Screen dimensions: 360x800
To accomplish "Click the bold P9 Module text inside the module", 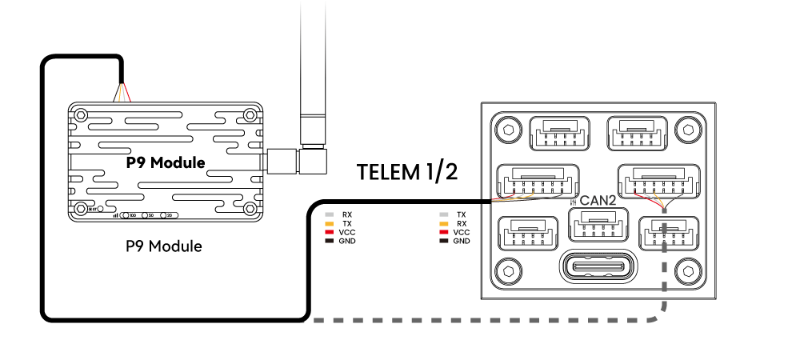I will point(166,162).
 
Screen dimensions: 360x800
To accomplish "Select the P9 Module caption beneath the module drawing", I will point(164,246).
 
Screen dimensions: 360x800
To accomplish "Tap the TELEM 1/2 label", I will point(407,171).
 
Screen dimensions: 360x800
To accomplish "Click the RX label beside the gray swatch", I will point(346,214).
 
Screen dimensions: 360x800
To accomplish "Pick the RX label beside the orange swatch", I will point(462,223).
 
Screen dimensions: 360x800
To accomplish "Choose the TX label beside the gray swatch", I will point(462,214).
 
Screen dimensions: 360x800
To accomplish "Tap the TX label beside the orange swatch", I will point(346,223).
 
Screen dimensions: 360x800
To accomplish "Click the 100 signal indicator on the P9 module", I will point(130,216).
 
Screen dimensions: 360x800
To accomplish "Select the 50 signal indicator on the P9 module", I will point(149,216).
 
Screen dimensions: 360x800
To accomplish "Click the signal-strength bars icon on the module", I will point(115,215).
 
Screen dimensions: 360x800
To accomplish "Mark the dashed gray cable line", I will point(480,322).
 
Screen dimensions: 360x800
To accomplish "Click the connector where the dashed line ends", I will point(663,232).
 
